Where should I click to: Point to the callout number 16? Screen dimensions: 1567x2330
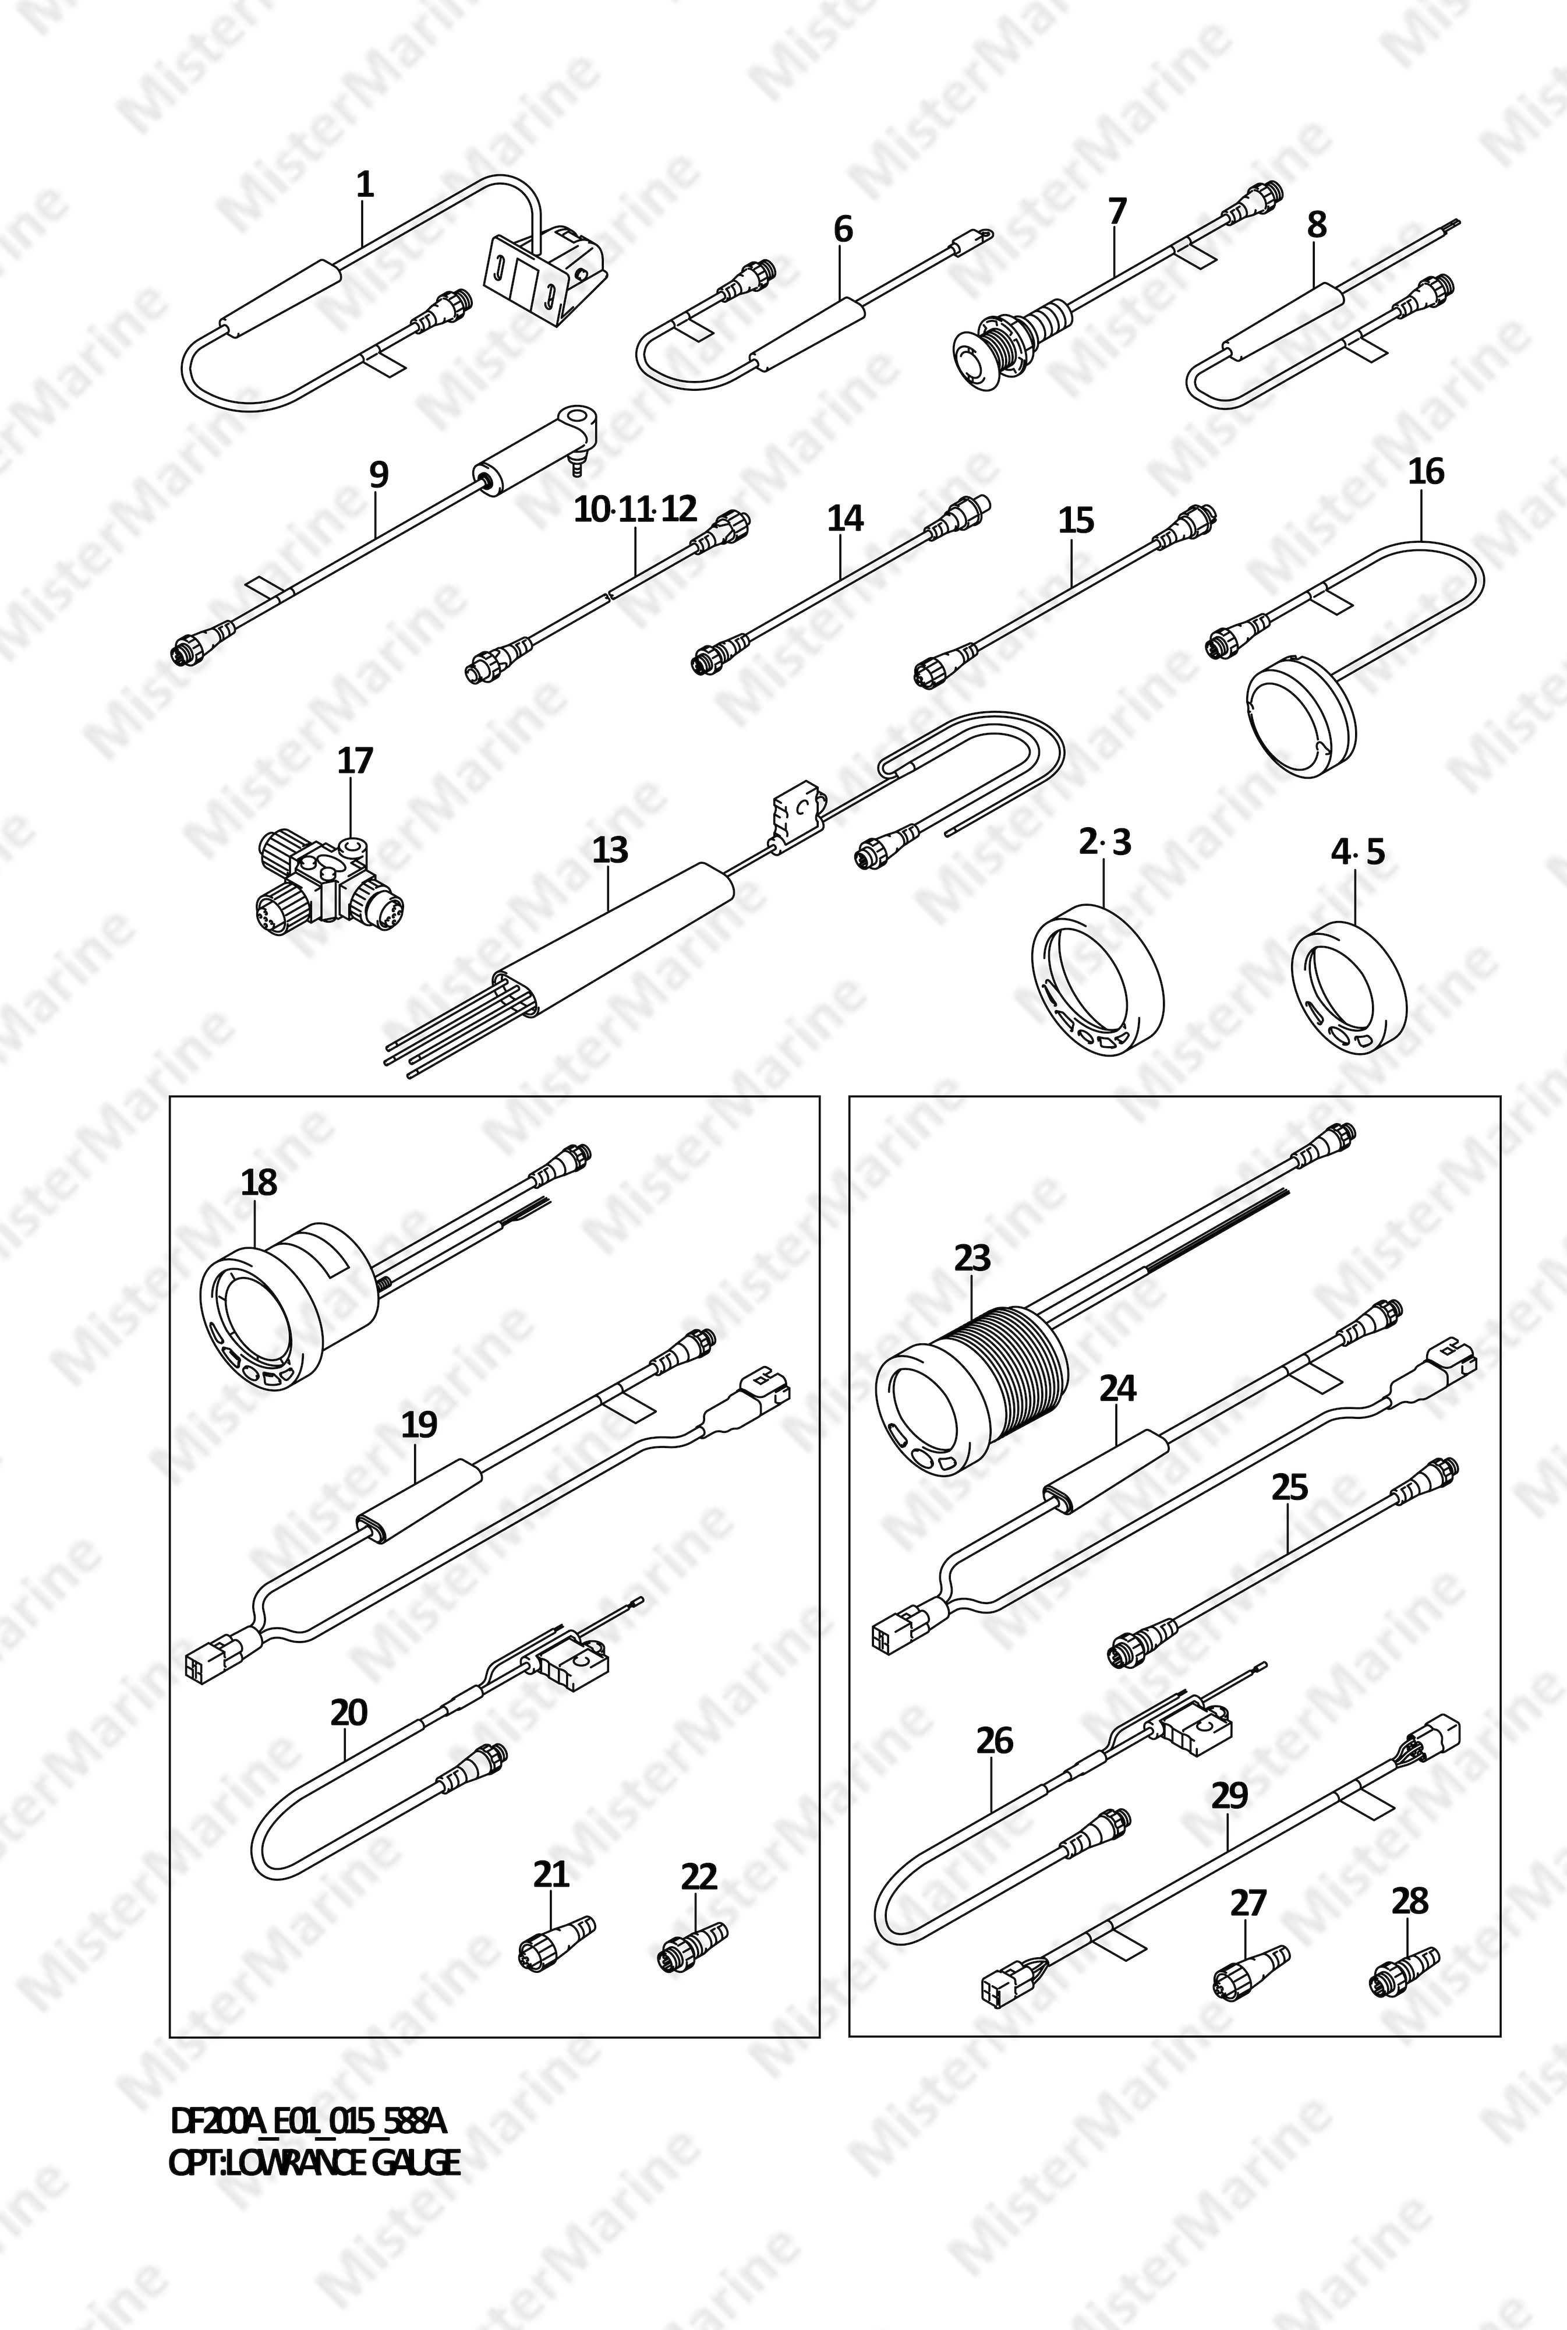click(1426, 471)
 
